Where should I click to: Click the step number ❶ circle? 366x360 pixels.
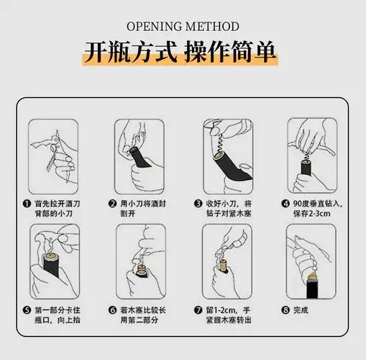27,204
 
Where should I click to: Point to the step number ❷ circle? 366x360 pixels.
113,204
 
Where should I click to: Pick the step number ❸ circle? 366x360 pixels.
198,204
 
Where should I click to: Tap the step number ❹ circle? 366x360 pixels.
285,204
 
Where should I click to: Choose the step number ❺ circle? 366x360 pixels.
27,310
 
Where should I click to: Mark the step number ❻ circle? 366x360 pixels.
113,310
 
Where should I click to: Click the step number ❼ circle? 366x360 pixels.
198,310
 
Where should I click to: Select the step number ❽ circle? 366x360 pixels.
285,310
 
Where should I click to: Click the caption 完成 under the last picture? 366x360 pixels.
301,310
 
